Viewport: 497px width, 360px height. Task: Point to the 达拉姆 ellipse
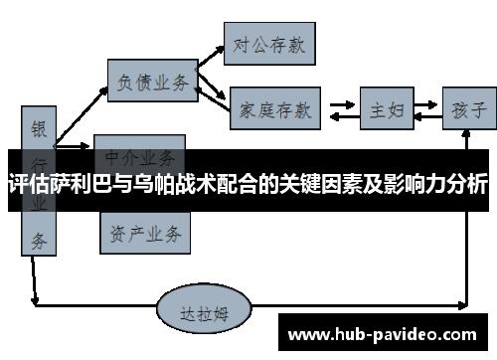click(206, 310)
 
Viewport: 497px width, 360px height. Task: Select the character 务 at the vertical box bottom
click(38, 239)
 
